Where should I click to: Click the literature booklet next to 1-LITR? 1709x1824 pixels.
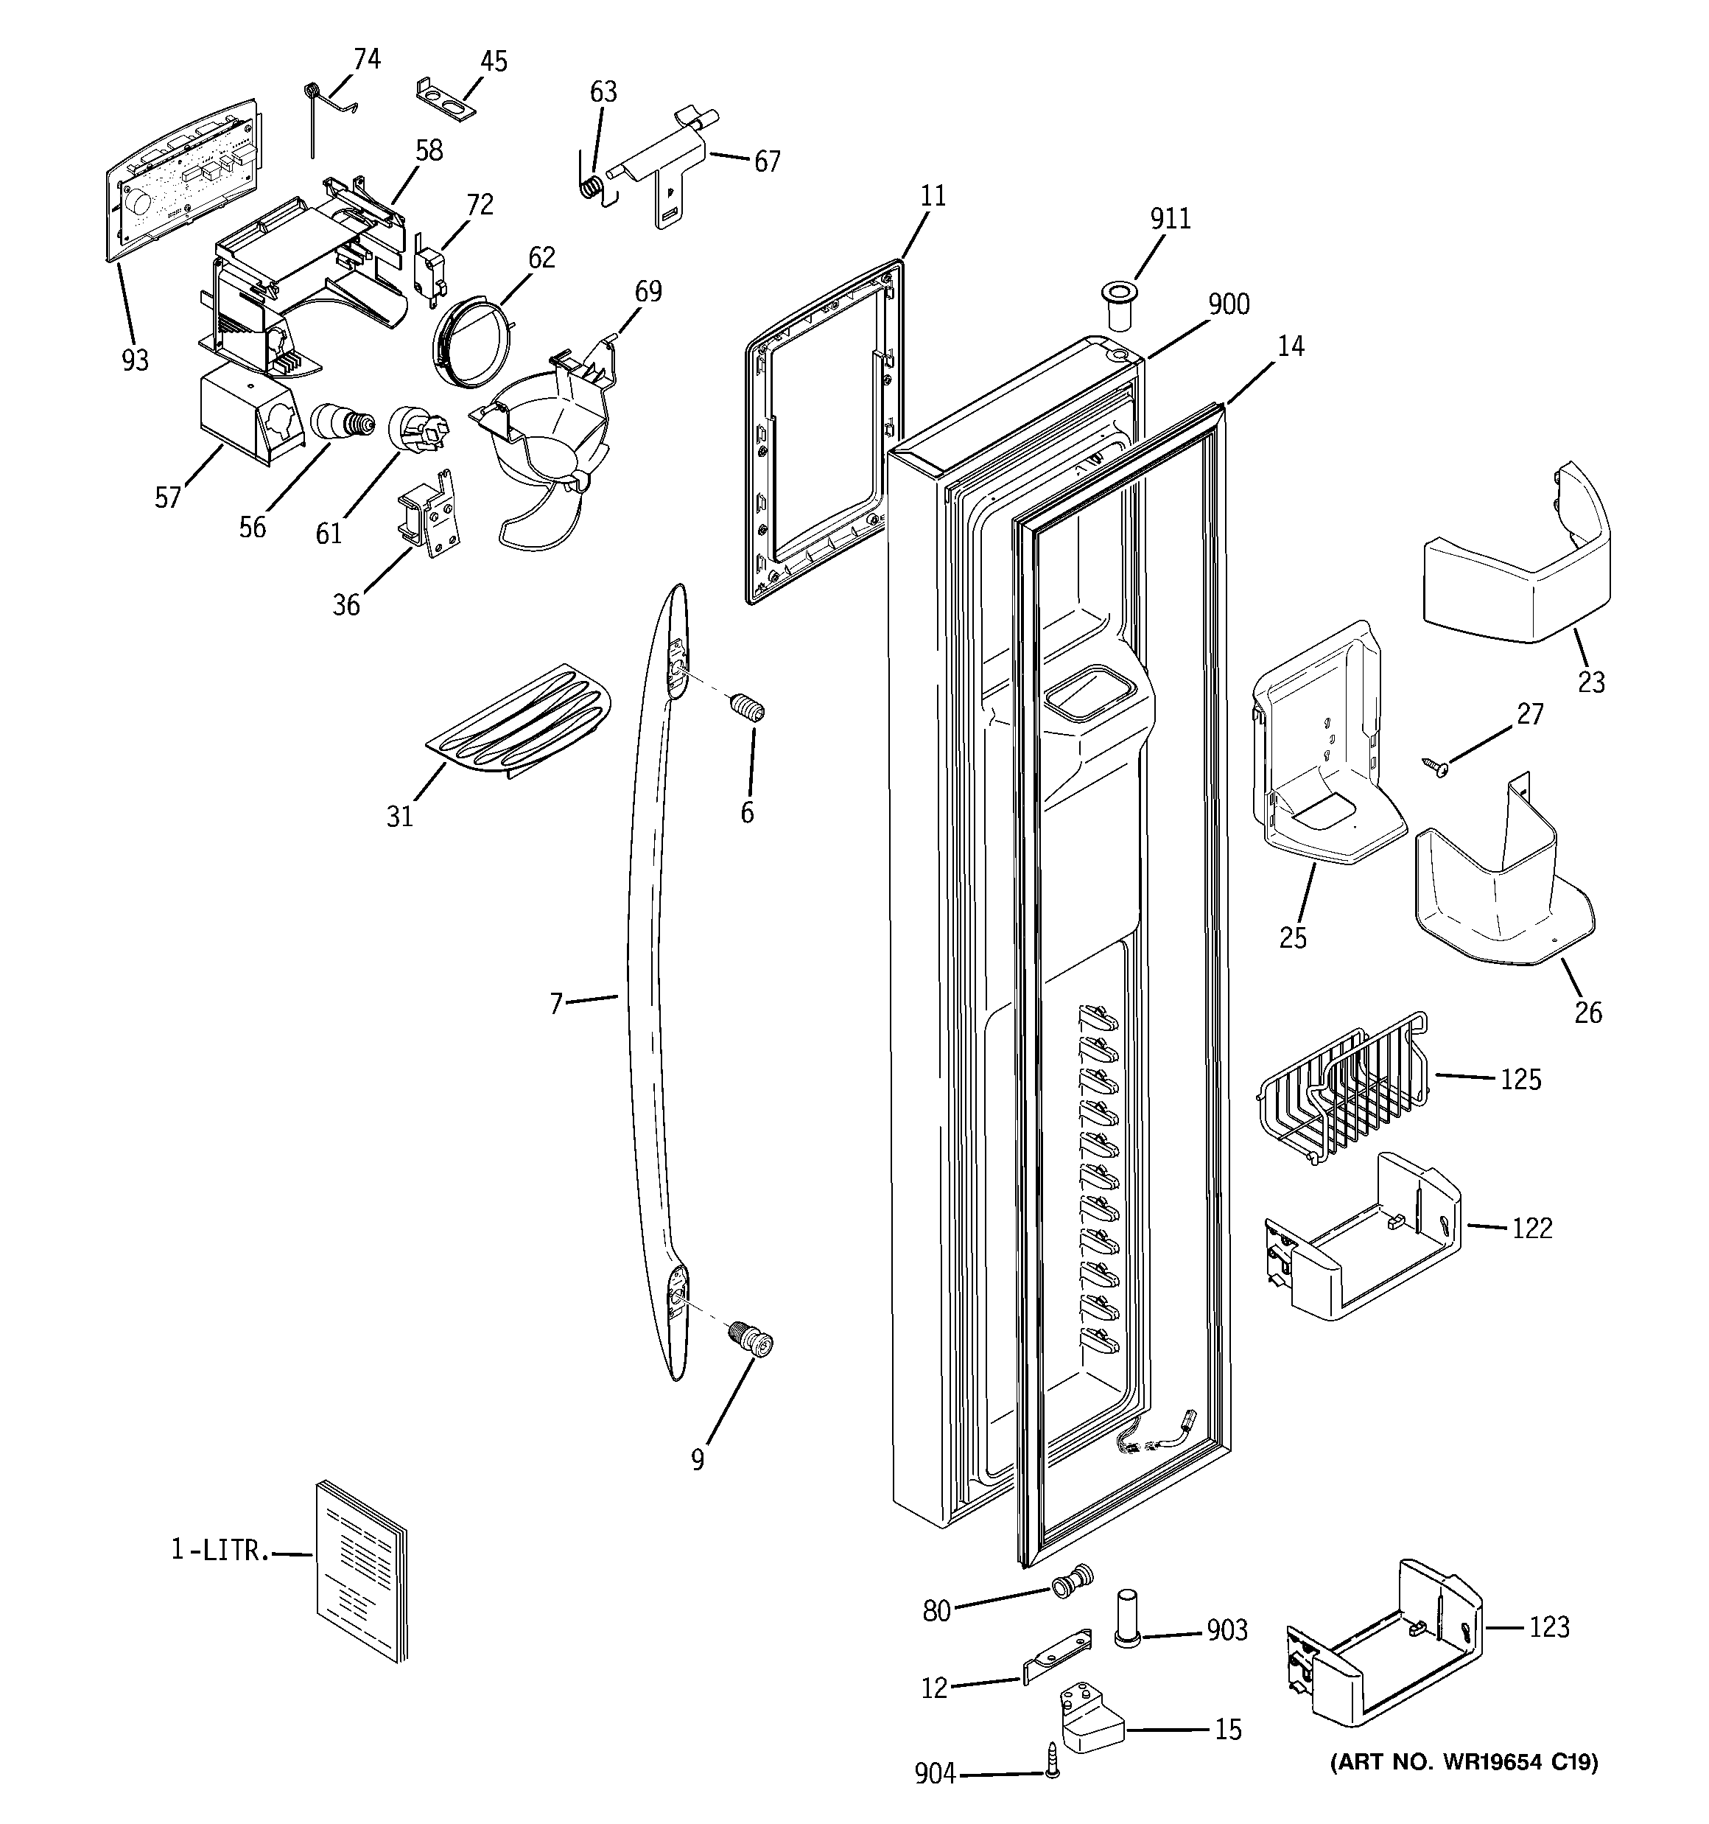(360, 1582)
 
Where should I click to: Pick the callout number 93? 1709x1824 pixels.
(135, 360)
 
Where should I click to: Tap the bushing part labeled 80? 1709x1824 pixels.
(1073, 1581)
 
